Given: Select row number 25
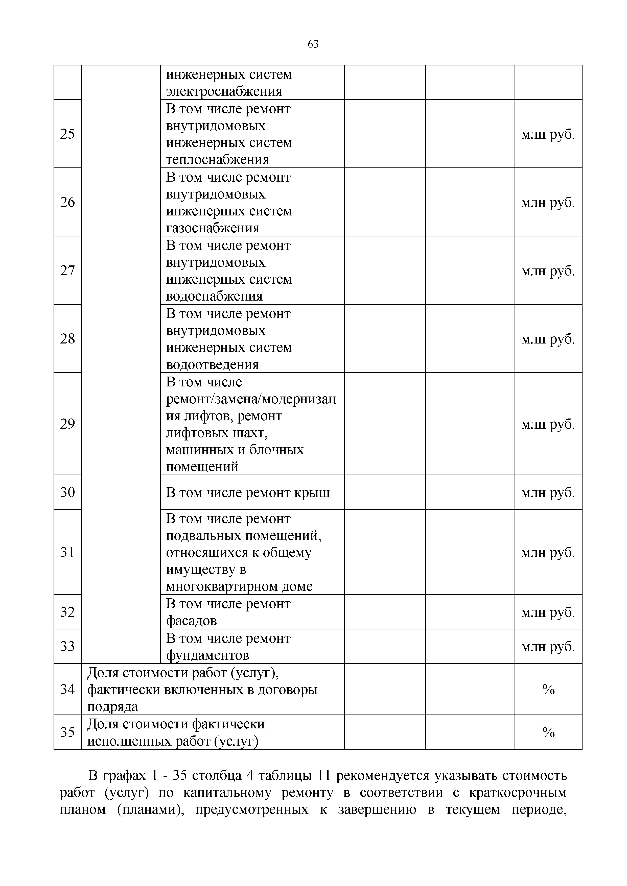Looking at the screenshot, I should [67, 134].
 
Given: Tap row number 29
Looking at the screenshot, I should [67, 424].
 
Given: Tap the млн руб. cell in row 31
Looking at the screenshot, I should [548, 553].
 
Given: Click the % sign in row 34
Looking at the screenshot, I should [548, 689].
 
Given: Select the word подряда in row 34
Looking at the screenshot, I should [112, 707].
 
